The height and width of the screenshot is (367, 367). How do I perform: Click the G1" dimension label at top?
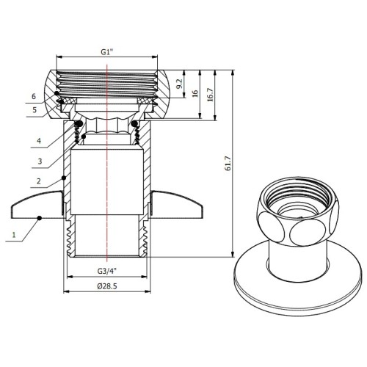(107, 52)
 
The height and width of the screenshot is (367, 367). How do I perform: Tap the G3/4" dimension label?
(107, 271)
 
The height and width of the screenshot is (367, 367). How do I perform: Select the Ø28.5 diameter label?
(107, 286)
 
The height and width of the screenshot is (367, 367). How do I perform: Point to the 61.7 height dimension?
(228, 164)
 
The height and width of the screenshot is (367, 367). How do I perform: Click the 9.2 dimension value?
(179, 84)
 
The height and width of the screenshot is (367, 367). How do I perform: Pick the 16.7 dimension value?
(211, 95)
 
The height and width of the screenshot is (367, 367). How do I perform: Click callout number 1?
(14, 235)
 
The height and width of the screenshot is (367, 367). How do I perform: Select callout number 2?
(39, 181)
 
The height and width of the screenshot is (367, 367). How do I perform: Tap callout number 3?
(40, 161)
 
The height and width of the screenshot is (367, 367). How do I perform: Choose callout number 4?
(39, 141)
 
